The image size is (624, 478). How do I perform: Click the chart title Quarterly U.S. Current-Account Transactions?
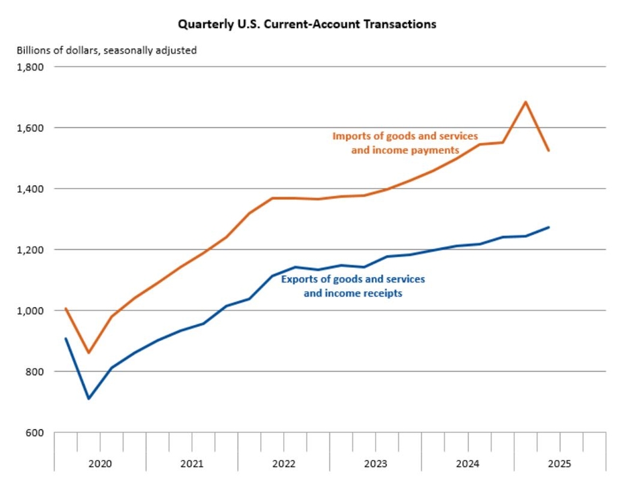(307, 24)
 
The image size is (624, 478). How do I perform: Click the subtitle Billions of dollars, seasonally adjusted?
(106, 50)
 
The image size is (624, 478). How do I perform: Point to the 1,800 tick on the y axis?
(30, 67)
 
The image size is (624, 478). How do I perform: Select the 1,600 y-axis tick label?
(30, 128)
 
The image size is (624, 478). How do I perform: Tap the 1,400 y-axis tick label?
(30, 189)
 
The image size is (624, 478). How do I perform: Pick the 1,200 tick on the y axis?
(30, 250)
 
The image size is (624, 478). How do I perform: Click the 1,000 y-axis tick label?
(30, 311)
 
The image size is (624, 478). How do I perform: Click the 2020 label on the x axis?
(100, 463)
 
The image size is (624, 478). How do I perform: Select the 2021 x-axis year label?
(192, 463)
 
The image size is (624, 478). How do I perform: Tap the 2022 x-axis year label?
(284, 463)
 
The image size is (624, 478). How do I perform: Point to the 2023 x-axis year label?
(376, 463)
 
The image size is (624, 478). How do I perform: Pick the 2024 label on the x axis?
(468, 463)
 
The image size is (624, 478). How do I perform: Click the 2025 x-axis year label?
(559, 463)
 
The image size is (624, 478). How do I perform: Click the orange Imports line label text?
(405, 143)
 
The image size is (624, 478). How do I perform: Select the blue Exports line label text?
(353, 286)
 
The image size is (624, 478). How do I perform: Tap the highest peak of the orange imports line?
(525, 102)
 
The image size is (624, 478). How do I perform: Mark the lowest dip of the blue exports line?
(89, 399)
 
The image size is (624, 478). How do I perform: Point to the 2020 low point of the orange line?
(89, 352)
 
